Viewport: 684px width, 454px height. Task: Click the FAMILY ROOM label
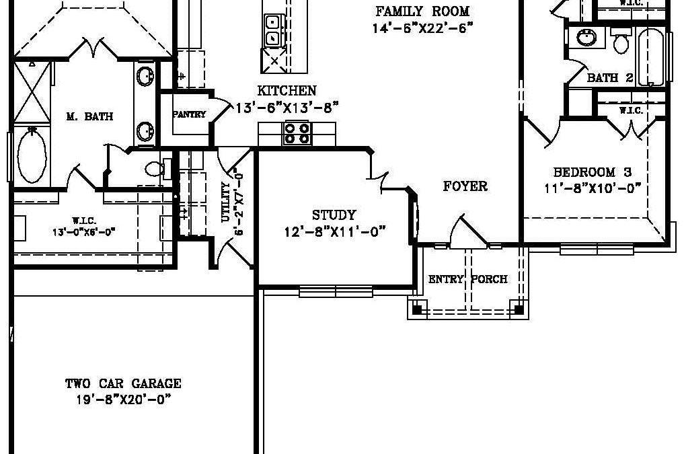pos(422,11)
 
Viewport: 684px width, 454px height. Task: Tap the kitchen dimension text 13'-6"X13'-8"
pos(287,108)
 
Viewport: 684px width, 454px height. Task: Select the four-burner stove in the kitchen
pos(297,133)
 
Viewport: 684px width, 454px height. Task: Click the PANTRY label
pos(189,115)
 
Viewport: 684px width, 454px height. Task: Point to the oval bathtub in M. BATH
pos(32,155)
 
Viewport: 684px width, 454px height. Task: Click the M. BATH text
pos(90,116)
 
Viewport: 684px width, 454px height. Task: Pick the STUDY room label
pos(334,215)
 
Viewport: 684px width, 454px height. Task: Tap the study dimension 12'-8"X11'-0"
pos(335,231)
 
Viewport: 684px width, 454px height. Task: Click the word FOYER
pos(465,186)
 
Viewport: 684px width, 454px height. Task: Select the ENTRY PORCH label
pos(467,279)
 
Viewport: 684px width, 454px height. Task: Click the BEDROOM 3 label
pos(593,172)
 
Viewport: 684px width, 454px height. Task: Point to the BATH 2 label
pos(610,78)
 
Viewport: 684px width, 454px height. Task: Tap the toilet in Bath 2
pos(620,40)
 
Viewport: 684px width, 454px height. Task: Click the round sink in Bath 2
pos(586,38)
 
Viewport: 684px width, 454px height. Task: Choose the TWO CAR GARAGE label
pos(123,383)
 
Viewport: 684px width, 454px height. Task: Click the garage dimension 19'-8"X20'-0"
pos(123,400)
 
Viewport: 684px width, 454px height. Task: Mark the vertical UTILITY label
pos(225,202)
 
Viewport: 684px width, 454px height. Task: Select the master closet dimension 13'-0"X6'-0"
pos(83,232)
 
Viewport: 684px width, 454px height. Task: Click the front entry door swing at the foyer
pos(467,231)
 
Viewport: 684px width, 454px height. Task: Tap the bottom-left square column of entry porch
pos(418,309)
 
